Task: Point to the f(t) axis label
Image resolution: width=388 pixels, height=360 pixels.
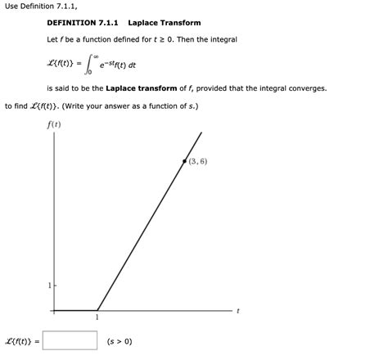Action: pyautogui.click(x=55, y=125)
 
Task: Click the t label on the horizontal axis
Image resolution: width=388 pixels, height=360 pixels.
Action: pyautogui.click(x=237, y=311)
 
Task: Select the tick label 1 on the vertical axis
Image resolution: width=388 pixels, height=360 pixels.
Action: pyautogui.click(x=48, y=285)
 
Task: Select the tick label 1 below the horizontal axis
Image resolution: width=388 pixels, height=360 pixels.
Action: pyautogui.click(x=97, y=318)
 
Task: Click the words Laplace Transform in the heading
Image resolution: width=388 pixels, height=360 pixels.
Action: pyautogui.click(x=164, y=23)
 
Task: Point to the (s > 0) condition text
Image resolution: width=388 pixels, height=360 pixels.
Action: pyautogui.click(x=120, y=341)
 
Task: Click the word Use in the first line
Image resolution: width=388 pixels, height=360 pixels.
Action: pyautogui.click(x=13, y=7)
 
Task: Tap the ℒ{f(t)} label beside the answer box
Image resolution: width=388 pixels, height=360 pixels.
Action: pyautogui.click(x=23, y=341)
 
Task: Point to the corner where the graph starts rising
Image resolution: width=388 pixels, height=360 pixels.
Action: pyautogui.click(x=97, y=310)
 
